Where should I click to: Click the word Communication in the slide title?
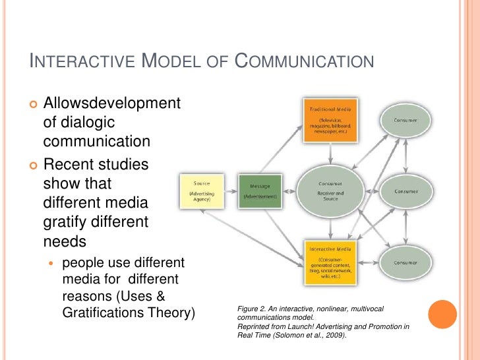(305, 63)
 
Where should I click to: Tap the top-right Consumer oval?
(405, 120)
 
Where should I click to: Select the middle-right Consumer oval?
(405, 192)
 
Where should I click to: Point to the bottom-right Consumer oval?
(405, 262)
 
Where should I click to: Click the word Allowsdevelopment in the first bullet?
(111, 103)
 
